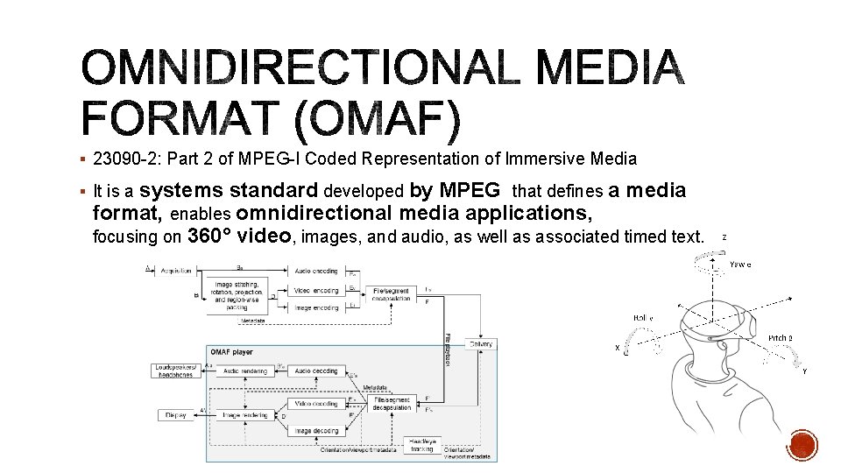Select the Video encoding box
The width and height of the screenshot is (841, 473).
pyautogui.click(x=314, y=290)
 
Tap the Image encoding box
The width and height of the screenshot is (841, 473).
pyautogui.click(x=314, y=308)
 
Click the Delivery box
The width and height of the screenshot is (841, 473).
pyautogui.click(x=481, y=344)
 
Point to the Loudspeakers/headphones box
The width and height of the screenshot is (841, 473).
pyautogui.click(x=178, y=371)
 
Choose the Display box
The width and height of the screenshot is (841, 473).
pyautogui.click(x=175, y=414)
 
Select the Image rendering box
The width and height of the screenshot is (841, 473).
pyautogui.click(x=244, y=414)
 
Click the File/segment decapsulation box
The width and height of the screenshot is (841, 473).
pyautogui.click(x=391, y=405)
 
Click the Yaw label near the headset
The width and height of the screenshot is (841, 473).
pyautogui.click(x=740, y=264)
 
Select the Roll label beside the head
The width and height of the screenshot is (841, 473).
pyautogui.click(x=643, y=317)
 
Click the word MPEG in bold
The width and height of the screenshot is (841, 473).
pyautogui.click(x=470, y=190)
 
